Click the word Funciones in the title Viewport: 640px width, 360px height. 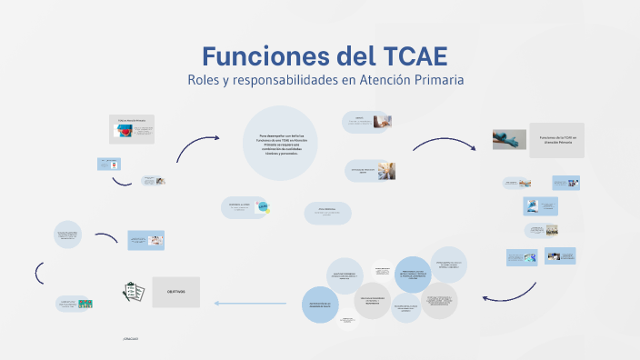[x=253, y=55]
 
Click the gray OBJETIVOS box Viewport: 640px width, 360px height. [x=175, y=291]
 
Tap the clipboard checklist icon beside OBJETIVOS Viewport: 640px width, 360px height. [x=130, y=292]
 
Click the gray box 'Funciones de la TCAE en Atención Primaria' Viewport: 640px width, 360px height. [x=557, y=139]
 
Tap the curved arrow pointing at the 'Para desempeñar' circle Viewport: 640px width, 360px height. [x=197, y=144]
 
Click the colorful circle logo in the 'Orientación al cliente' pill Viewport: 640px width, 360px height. [x=264, y=208]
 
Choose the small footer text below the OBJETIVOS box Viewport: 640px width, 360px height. [x=129, y=338]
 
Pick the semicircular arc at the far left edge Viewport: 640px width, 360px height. [x=39, y=272]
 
